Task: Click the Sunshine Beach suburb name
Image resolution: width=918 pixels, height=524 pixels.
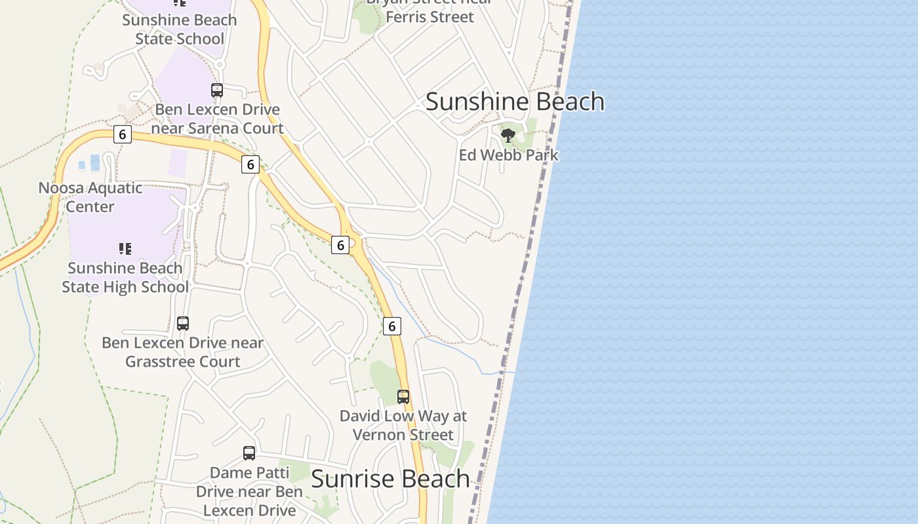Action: click(515, 102)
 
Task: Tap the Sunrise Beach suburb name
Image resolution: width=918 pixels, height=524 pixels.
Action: click(390, 479)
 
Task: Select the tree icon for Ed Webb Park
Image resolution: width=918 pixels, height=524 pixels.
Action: click(508, 136)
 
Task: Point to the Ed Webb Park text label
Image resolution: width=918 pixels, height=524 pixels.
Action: click(509, 155)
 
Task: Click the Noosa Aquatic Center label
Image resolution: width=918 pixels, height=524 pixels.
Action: click(90, 197)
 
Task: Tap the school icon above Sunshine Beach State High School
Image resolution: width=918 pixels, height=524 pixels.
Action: click(125, 248)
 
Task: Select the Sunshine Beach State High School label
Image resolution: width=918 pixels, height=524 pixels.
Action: click(125, 277)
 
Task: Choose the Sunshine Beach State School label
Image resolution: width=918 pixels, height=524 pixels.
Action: click(180, 29)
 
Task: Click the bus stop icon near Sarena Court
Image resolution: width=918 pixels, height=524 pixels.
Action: click(217, 90)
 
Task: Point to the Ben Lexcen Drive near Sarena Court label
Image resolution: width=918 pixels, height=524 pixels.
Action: click(218, 119)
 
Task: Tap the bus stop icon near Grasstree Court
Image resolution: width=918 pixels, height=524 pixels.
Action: click(183, 323)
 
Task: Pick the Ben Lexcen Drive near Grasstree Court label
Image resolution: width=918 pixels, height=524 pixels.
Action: click(183, 352)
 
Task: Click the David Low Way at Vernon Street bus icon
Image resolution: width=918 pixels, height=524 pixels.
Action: click(403, 396)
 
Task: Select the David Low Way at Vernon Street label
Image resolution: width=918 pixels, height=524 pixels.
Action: click(403, 425)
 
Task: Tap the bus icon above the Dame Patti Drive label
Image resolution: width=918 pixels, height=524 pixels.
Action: click(249, 453)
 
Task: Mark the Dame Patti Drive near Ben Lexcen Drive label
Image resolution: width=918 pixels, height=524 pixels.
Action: click(249, 491)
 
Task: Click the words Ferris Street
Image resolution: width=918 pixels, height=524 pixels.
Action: click(429, 17)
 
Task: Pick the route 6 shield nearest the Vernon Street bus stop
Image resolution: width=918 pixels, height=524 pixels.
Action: click(391, 326)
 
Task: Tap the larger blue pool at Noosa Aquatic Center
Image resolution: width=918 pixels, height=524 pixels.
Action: click(95, 162)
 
